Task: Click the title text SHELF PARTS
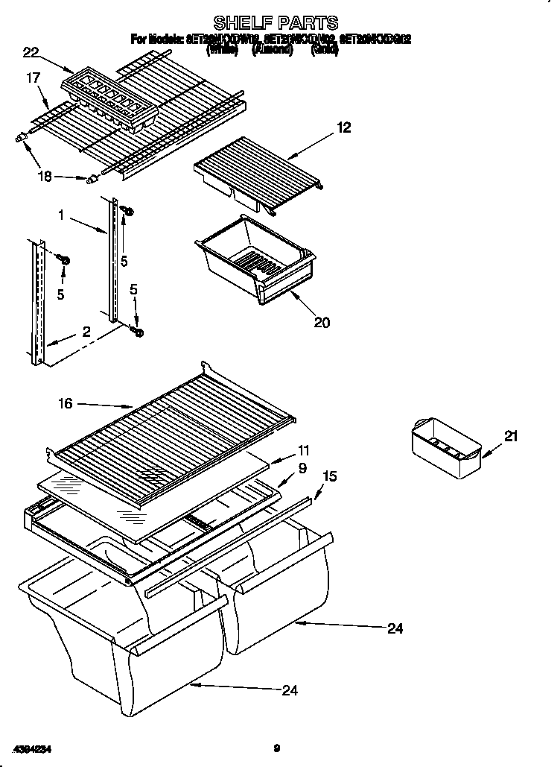(x=276, y=22)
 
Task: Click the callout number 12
(x=343, y=127)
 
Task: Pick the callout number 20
(x=322, y=322)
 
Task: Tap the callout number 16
(x=66, y=403)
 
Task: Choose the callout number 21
(x=509, y=438)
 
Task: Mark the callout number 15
(x=330, y=475)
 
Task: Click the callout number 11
(x=303, y=450)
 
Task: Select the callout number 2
(x=86, y=332)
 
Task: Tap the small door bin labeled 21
(x=445, y=449)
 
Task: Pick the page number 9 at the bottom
(x=276, y=748)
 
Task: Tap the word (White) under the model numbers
(x=221, y=51)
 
